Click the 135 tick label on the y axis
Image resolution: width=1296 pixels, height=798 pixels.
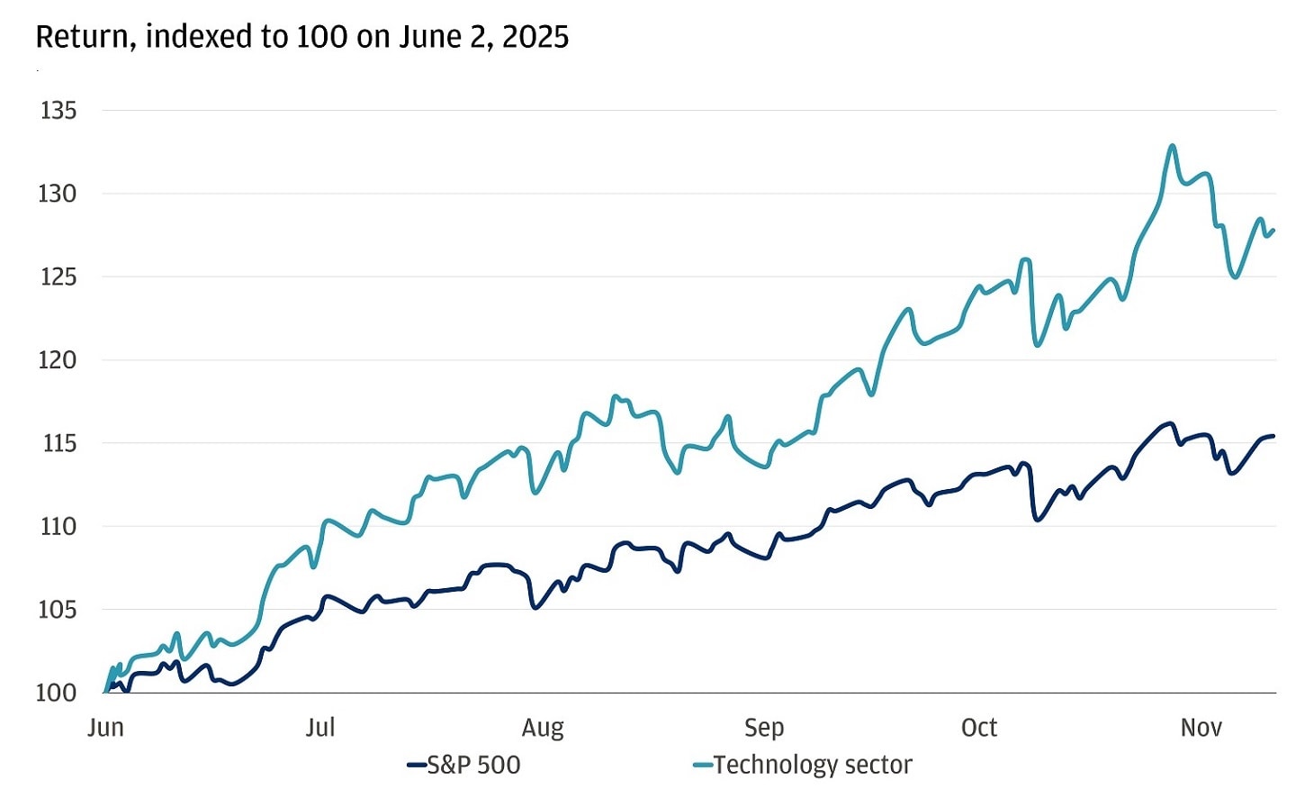[x=58, y=111]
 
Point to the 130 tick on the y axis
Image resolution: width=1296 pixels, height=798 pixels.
[x=58, y=194]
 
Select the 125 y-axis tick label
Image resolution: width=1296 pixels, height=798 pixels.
[x=58, y=277]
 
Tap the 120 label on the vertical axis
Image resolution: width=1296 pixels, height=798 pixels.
[x=58, y=360]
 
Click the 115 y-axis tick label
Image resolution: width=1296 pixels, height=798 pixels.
[x=58, y=443]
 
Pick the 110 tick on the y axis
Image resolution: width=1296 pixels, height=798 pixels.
[x=58, y=526]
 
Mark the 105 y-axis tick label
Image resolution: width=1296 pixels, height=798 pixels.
[x=58, y=610]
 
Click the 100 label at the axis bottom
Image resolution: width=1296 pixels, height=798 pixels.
[x=57, y=693]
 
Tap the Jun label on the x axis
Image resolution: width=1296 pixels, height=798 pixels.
[x=105, y=728]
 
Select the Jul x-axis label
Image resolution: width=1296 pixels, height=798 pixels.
[x=319, y=728]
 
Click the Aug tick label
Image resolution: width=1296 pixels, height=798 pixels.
[x=543, y=728]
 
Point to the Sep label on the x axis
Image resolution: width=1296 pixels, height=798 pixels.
[x=764, y=728]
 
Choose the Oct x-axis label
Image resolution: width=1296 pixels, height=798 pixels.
[x=979, y=728]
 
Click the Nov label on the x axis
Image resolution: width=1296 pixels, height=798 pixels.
[x=1201, y=728]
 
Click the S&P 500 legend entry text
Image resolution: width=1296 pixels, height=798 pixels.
[x=473, y=766]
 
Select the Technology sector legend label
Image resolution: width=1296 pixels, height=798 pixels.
[x=813, y=766]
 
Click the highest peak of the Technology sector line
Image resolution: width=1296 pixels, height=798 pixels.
[x=1172, y=145]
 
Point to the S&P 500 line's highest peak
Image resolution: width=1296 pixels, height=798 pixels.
[x=1170, y=423]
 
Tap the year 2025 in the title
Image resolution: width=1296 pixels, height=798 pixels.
[x=535, y=37]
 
